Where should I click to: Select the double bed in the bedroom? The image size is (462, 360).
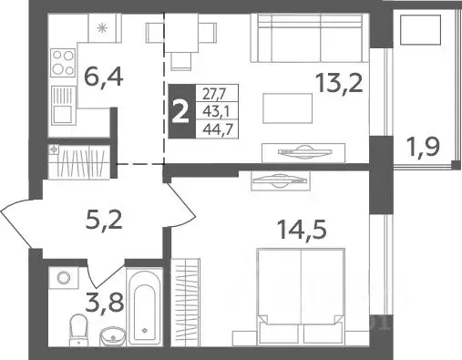(300, 294)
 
